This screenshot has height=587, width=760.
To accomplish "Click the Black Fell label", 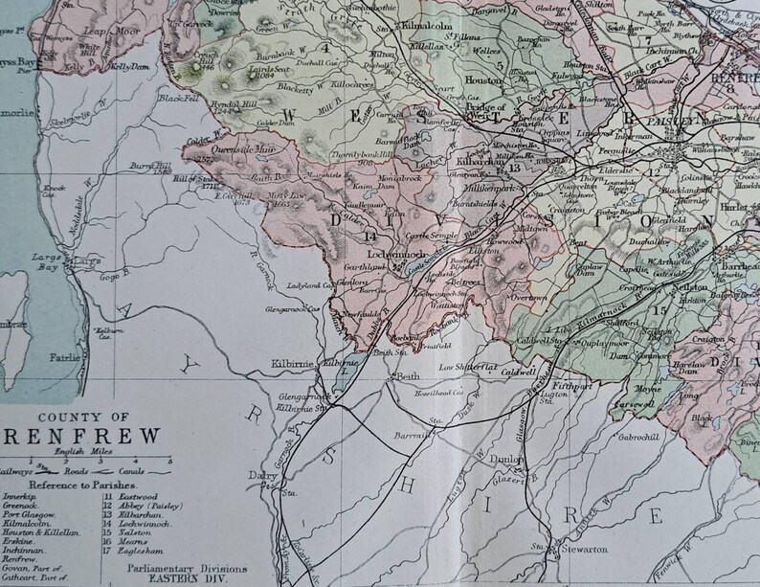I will [x=179, y=98].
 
